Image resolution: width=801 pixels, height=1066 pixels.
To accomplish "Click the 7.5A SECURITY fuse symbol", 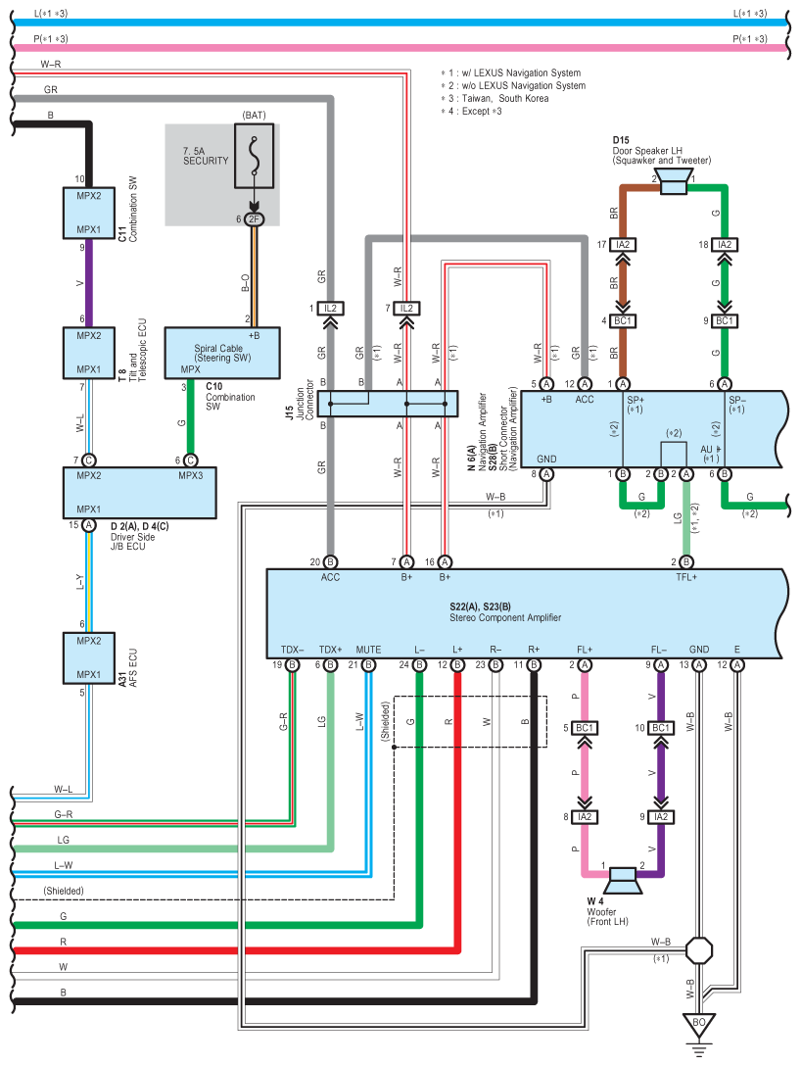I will [x=254, y=156].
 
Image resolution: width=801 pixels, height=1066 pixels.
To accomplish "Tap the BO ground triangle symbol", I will [x=698, y=1025].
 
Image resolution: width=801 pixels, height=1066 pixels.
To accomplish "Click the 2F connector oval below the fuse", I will [x=254, y=218].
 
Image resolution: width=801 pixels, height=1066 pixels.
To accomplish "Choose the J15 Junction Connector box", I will [x=388, y=403].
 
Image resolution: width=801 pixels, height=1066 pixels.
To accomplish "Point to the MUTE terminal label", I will [x=368, y=650].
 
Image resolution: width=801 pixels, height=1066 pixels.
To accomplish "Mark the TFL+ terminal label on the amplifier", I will [x=686, y=577].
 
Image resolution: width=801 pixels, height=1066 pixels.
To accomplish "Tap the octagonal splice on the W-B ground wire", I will [x=698, y=950].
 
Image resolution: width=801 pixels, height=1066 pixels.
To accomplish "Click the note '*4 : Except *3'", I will [x=472, y=111].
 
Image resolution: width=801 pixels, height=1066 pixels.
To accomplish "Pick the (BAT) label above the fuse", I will [x=254, y=116].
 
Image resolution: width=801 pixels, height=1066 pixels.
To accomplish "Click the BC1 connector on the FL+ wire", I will [x=585, y=728].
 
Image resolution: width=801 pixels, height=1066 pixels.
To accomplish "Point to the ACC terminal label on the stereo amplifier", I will [x=330, y=577].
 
